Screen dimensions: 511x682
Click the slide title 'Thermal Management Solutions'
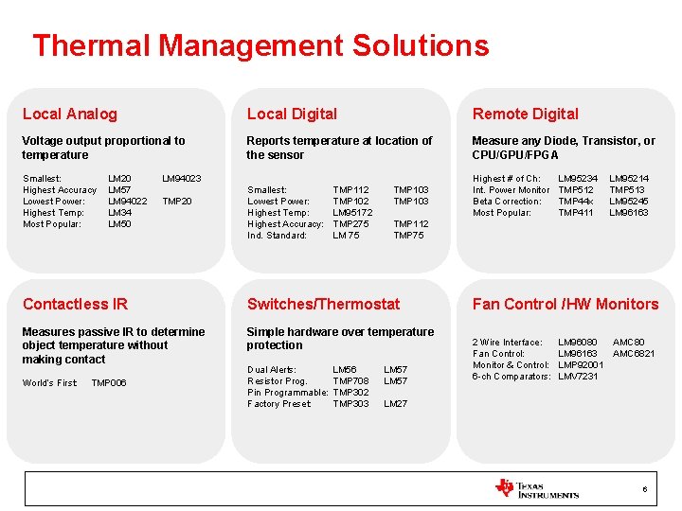coord(260,45)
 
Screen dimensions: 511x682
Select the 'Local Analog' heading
coord(70,114)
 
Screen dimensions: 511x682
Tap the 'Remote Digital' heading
coord(525,114)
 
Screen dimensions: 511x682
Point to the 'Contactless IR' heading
coord(75,304)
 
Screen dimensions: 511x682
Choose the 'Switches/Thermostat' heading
coord(323,304)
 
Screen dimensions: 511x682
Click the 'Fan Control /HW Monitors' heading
coord(565,304)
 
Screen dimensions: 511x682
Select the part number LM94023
coord(182,178)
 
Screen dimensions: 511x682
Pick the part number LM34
coord(119,212)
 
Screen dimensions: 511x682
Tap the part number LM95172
coord(352,212)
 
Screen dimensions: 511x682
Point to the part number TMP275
coord(350,223)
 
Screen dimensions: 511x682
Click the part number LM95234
coord(578,178)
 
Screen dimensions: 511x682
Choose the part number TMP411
coord(575,212)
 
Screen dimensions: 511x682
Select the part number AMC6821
coord(634,353)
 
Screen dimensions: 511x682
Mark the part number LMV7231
coord(579,376)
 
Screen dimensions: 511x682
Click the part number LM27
coord(395,403)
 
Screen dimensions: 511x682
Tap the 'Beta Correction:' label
coord(507,201)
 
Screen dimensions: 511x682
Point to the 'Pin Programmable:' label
coord(287,392)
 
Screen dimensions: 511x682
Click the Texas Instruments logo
coord(536,488)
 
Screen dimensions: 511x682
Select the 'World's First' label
coord(49,382)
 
